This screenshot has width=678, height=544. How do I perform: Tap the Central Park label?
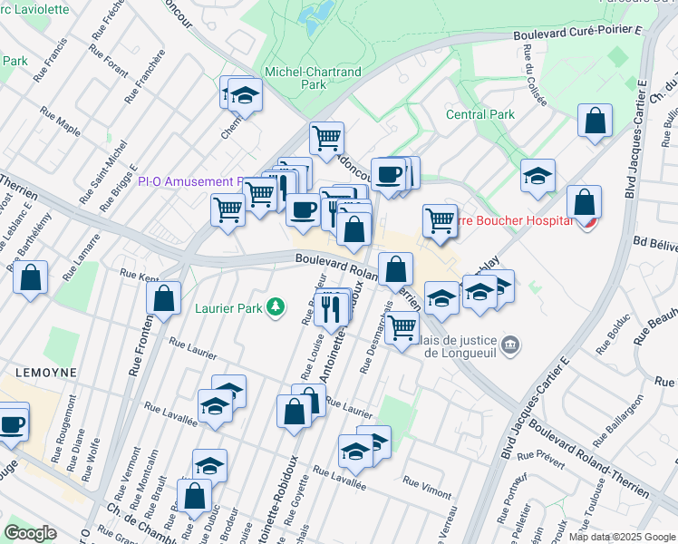pos(480,114)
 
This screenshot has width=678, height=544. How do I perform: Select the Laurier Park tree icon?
pos(275,307)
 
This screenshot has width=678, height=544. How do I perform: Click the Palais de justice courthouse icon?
pos(510,343)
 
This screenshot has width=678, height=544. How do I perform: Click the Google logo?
pos(30,533)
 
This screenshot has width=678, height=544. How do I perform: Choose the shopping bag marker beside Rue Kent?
pos(163,298)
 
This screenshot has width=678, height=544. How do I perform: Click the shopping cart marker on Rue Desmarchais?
pos(402,327)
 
